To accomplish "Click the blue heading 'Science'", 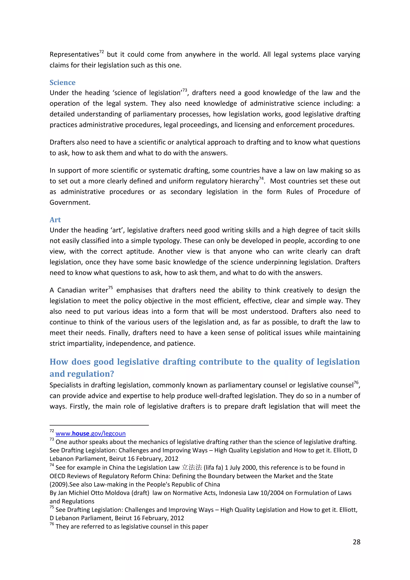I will (x=62, y=83).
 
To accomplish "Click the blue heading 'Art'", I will (x=55, y=220).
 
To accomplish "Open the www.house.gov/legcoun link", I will (x=90, y=433).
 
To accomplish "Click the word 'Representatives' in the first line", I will (x=74, y=54).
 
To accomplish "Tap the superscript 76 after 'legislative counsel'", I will (x=356, y=383).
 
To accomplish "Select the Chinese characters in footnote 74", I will (x=192, y=467).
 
